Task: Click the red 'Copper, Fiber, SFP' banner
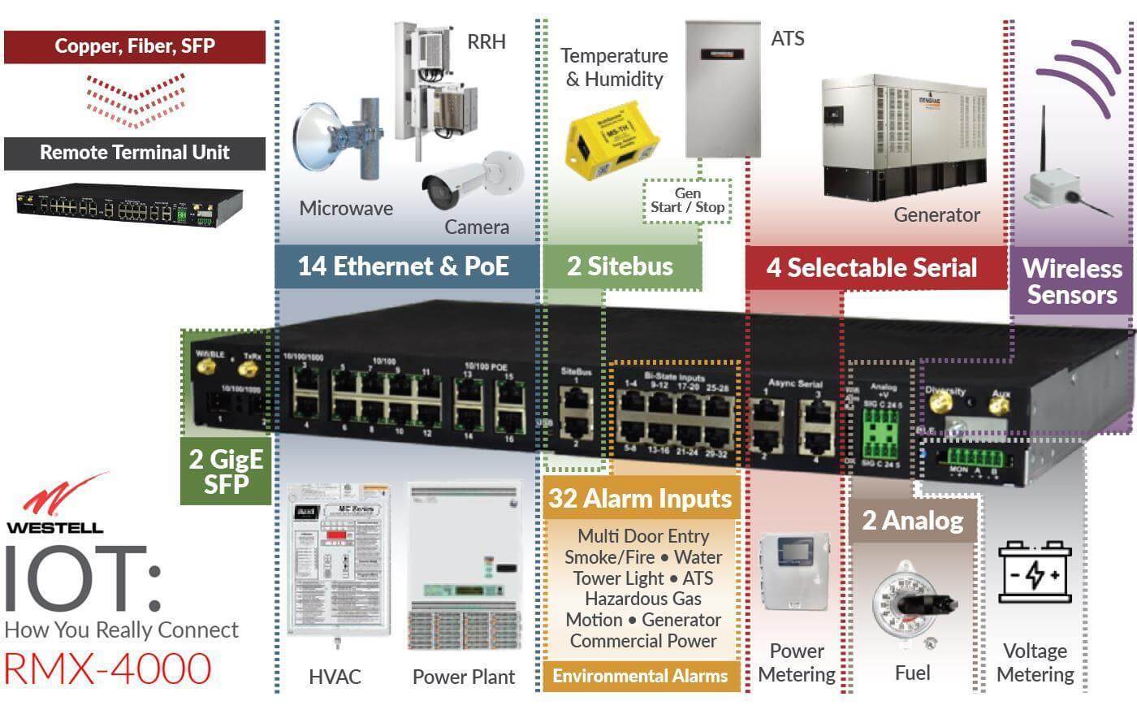[135, 46]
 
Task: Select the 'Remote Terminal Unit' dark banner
[135, 153]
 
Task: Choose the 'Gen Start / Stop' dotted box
[687, 201]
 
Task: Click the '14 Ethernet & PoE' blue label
[404, 266]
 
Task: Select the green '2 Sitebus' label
[620, 266]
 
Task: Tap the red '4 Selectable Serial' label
[872, 267]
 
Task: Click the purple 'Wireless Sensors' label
[1071, 281]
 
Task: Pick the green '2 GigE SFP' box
[225, 472]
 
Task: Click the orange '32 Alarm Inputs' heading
[640, 498]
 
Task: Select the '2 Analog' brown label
[913, 520]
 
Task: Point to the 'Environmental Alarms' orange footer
[640, 676]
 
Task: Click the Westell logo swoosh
[62, 496]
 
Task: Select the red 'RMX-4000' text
[107, 669]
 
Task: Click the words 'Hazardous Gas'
[642, 599]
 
